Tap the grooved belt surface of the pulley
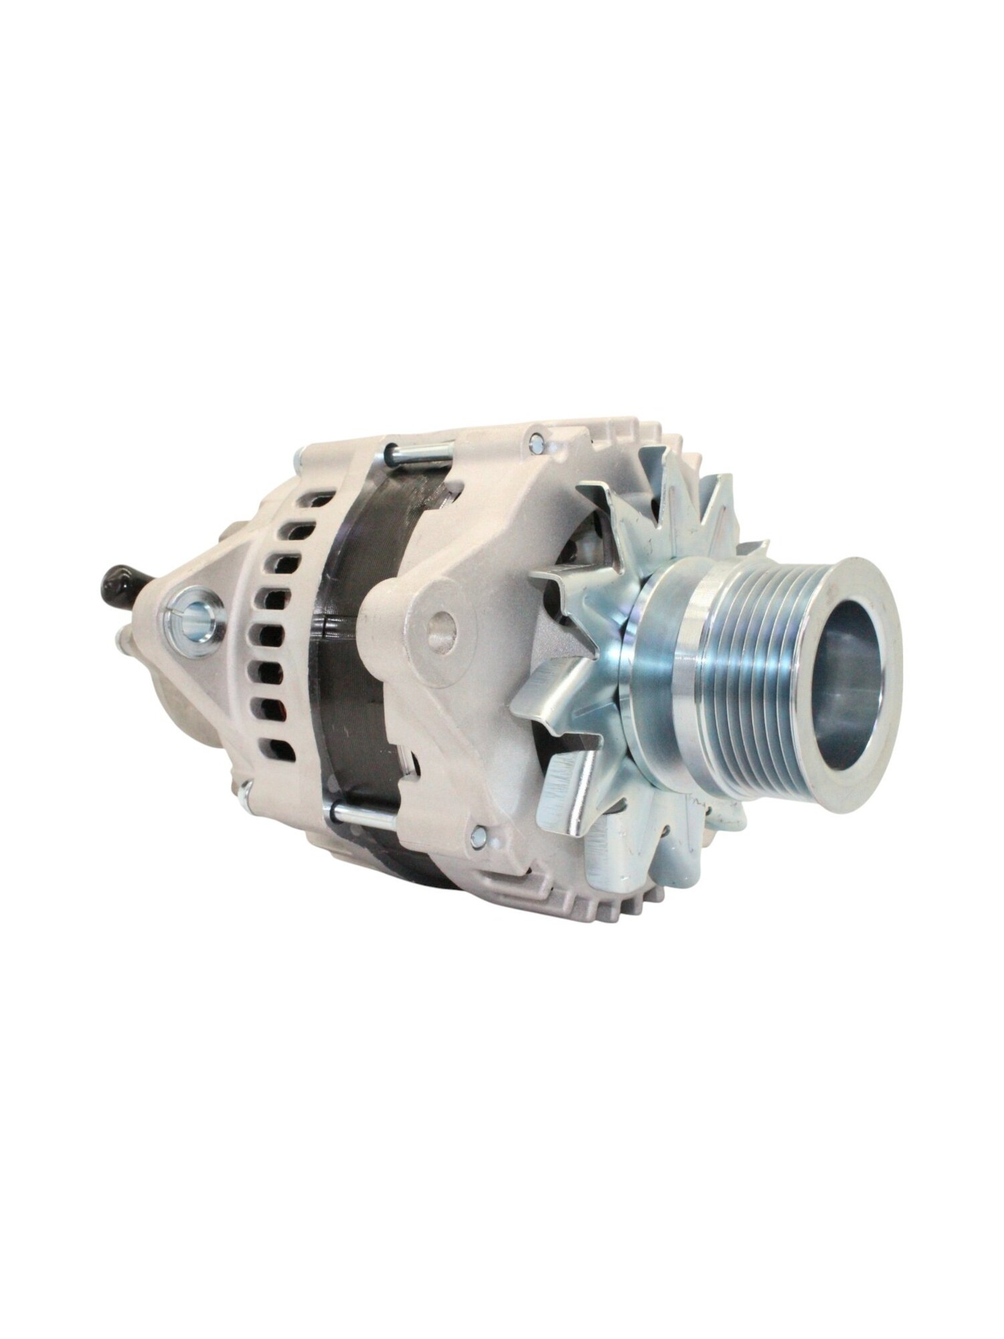pos(750,676)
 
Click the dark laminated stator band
pos(355,636)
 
